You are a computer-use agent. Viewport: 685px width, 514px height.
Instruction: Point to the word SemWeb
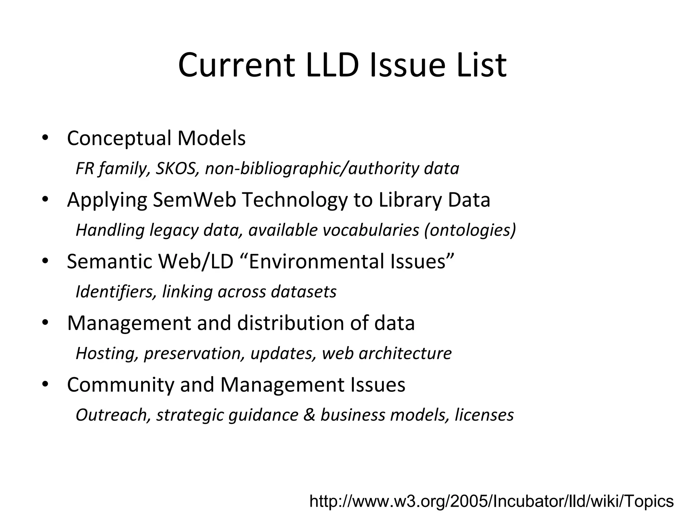(194, 200)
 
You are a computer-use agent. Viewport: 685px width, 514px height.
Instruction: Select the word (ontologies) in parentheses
(470, 230)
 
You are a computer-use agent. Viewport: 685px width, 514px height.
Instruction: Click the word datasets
(304, 292)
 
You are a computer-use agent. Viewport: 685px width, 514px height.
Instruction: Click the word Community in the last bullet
(120, 385)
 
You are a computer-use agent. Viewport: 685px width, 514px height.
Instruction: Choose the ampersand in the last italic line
(309, 415)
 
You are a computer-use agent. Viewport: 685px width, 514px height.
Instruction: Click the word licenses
(484, 415)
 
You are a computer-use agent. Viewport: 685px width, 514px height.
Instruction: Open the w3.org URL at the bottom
(491, 501)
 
